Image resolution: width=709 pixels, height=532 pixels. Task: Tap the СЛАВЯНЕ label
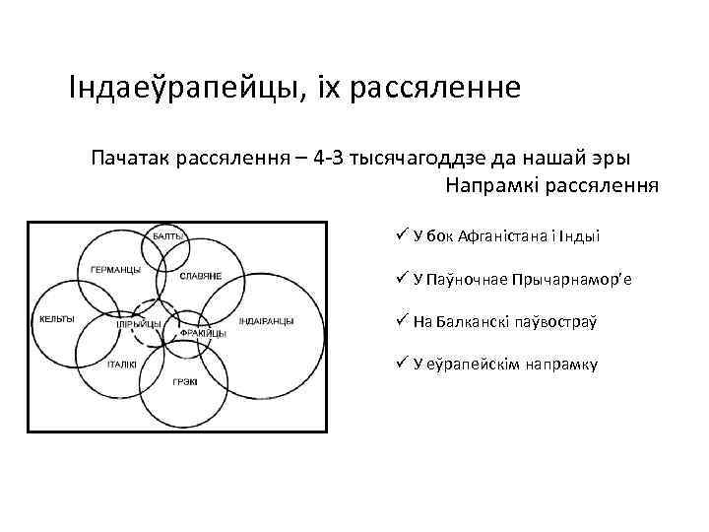pyautogui.click(x=200, y=275)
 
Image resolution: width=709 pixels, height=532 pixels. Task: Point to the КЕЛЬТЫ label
pyautogui.click(x=56, y=319)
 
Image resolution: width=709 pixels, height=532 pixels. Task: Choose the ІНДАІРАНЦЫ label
pyautogui.click(x=265, y=320)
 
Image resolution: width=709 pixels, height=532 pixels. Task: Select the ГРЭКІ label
pyautogui.click(x=184, y=381)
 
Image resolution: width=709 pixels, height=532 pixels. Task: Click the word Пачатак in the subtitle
pyautogui.click(x=129, y=158)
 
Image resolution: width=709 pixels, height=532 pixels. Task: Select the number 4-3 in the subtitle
pyautogui.click(x=324, y=158)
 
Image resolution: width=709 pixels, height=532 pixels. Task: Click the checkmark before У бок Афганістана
pyautogui.click(x=402, y=234)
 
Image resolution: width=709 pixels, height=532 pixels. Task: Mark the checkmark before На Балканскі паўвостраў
pyautogui.click(x=402, y=320)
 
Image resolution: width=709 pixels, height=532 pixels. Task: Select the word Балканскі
pyautogui.click(x=476, y=322)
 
